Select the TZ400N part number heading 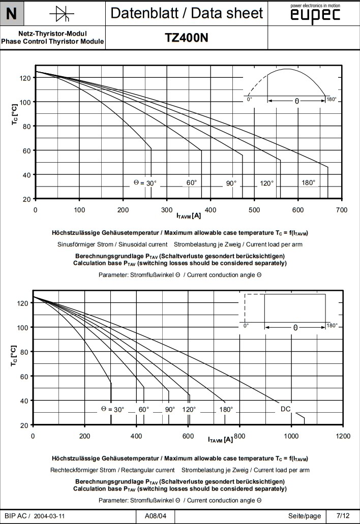coord(187,38)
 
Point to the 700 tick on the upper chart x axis coord(342,209)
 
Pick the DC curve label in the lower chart coord(286,409)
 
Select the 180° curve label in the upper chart coord(308,183)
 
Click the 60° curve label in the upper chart coord(191,183)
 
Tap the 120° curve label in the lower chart coord(189,409)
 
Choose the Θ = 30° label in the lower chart coord(112,409)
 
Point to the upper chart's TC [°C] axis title coord(15,114)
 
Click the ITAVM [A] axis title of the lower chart coord(220,439)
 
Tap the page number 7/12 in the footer coord(343,516)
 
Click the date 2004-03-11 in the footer coord(49,516)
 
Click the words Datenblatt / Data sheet coord(187,13)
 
